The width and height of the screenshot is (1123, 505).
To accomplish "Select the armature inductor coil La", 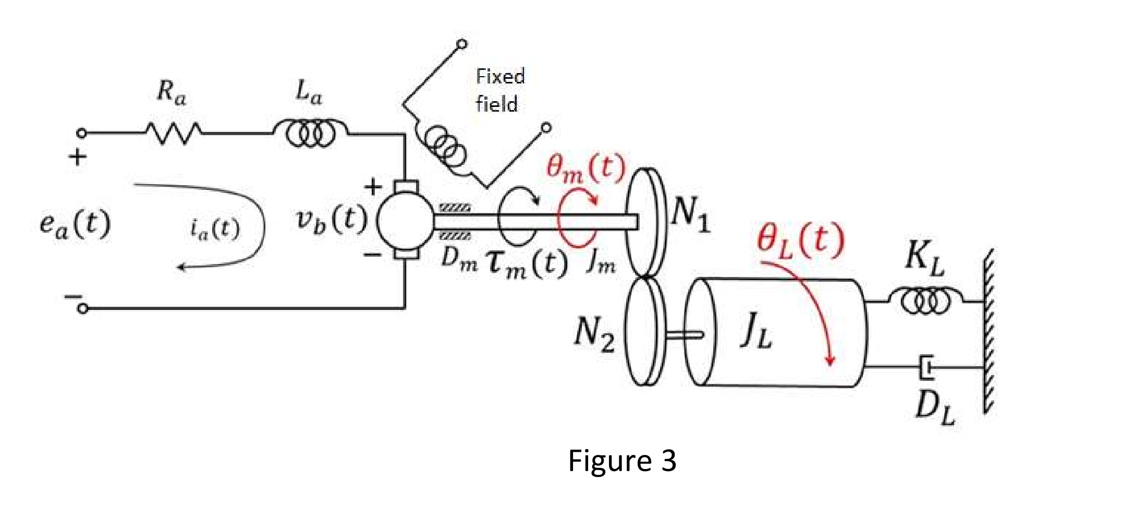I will (x=311, y=133).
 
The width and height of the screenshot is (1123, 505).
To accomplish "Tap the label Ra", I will (x=171, y=93).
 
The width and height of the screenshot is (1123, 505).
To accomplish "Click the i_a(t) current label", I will (x=215, y=229).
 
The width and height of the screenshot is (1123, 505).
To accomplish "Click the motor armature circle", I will (x=406, y=221).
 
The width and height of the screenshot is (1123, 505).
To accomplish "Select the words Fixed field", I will (x=499, y=90).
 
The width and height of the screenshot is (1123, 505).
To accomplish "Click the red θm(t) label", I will (x=585, y=169).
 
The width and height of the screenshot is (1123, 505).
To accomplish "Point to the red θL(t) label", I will (x=800, y=240).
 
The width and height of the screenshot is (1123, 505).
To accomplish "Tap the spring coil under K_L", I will (x=926, y=301).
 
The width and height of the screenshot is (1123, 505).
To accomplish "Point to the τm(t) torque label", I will (x=527, y=263).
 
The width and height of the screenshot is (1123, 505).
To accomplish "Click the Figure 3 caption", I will (x=622, y=461).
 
